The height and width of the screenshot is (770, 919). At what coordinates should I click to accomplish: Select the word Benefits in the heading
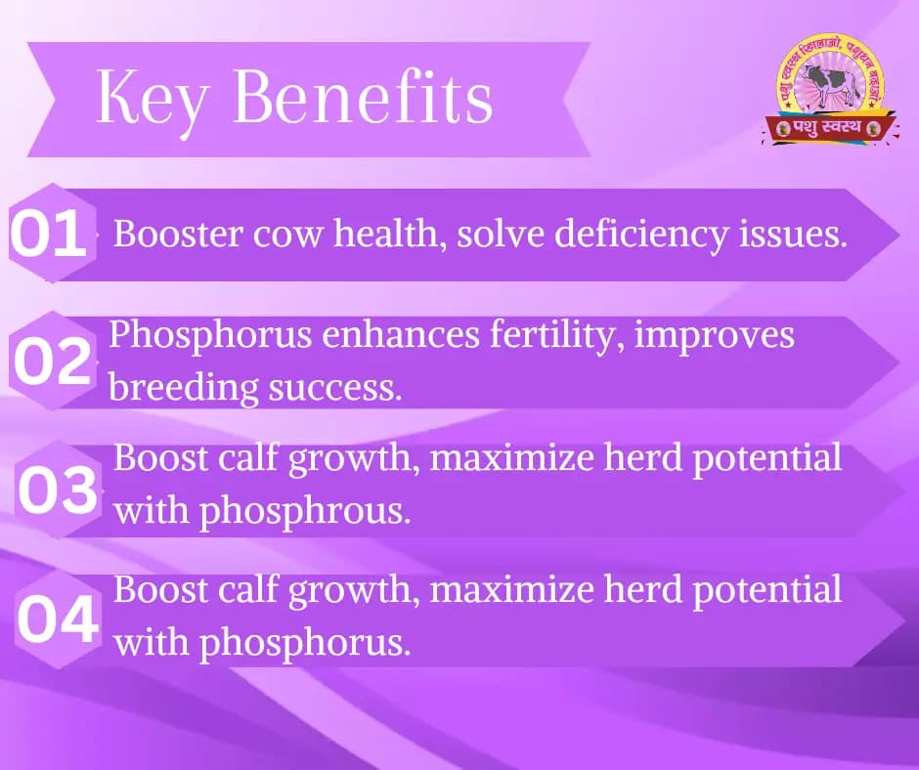(363, 99)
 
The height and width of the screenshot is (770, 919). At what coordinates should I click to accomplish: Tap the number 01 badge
(48, 235)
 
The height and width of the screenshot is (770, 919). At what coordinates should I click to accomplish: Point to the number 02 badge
(51, 362)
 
